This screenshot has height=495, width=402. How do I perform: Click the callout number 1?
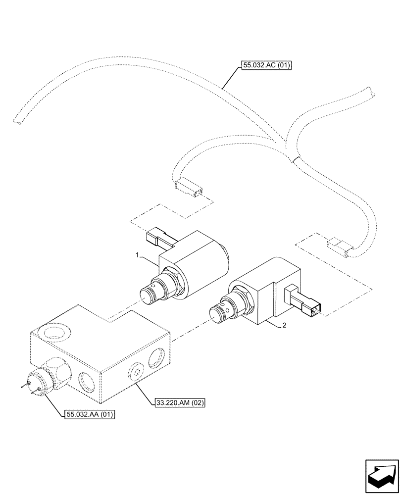(136, 255)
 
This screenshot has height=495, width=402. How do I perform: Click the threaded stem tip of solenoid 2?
(217, 313)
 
